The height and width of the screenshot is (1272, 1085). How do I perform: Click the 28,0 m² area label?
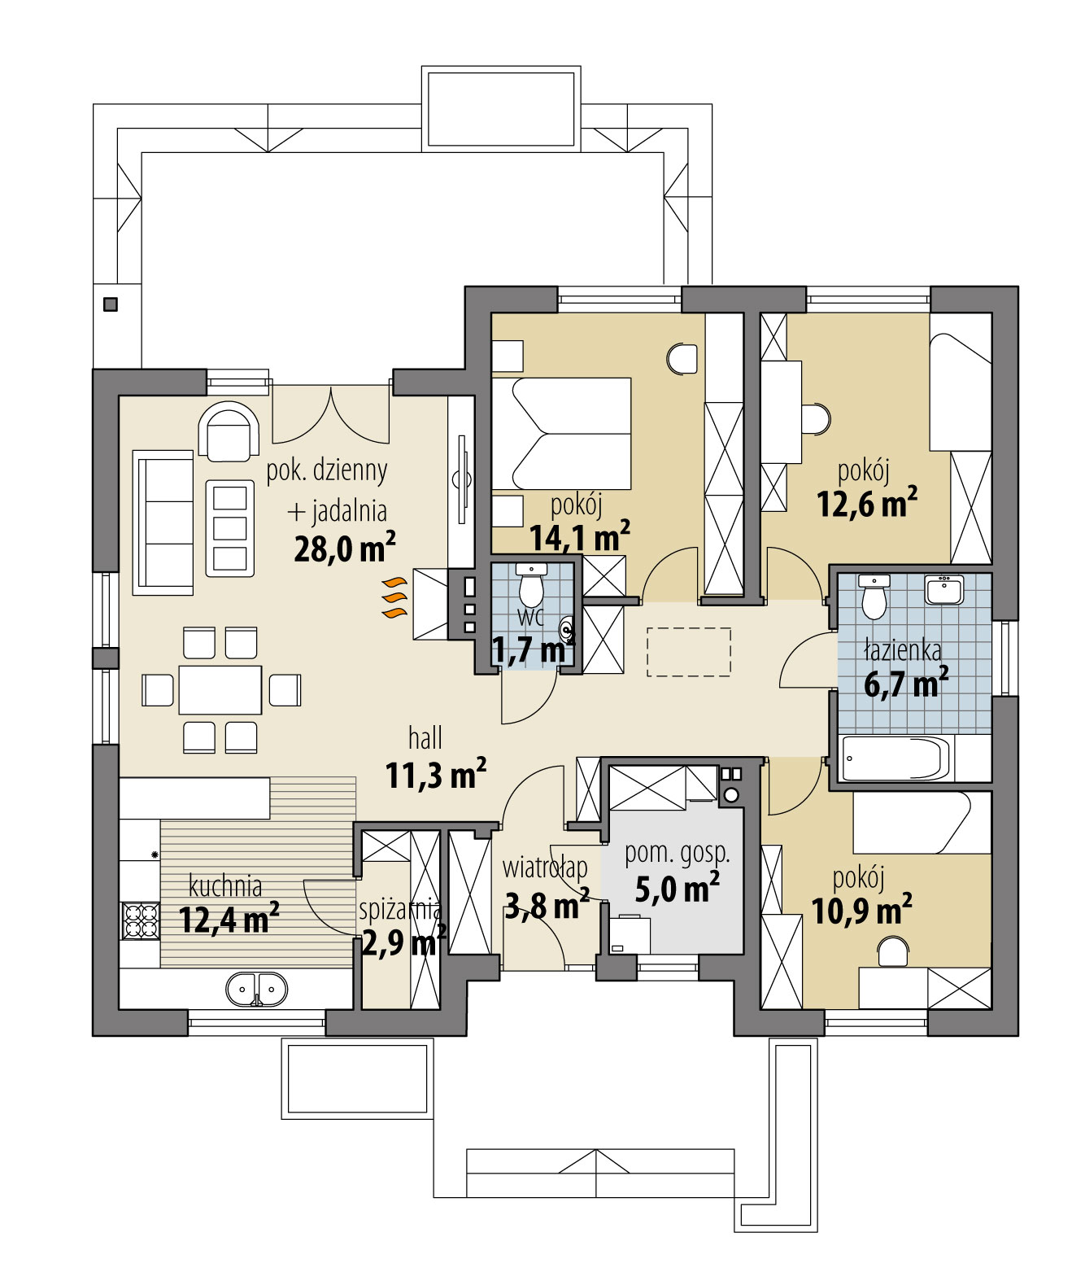[x=344, y=549]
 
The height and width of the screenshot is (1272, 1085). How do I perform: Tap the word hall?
[x=425, y=738]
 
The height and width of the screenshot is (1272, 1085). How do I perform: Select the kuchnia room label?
[x=225, y=885]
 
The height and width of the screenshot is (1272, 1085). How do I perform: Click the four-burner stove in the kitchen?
[x=140, y=920]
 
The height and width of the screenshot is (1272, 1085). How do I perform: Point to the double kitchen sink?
[x=256, y=990]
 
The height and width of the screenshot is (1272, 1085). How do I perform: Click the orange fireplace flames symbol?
[x=394, y=598]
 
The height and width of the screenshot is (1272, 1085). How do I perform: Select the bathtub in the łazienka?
[x=893, y=758]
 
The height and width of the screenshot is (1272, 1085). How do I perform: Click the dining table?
[x=220, y=690]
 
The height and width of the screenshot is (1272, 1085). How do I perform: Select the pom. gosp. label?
[x=677, y=853]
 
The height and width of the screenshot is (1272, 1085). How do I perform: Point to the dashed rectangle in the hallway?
[x=688, y=652]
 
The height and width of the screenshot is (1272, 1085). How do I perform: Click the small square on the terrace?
[x=111, y=304]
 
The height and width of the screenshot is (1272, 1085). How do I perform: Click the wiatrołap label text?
[x=545, y=868]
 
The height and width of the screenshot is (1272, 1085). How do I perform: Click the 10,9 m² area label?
[x=861, y=911]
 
